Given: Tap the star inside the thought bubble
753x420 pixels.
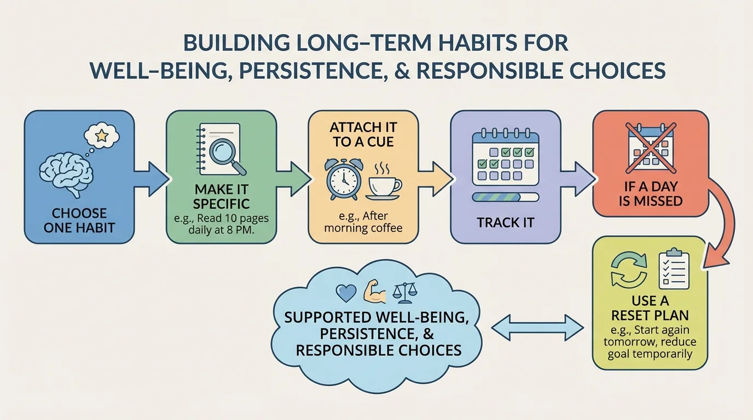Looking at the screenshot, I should (101, 135).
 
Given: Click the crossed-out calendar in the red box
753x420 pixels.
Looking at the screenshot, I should (650, 146).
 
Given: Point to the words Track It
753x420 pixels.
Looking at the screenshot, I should (505, 223).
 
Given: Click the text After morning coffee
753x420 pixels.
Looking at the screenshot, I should (363, 221).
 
